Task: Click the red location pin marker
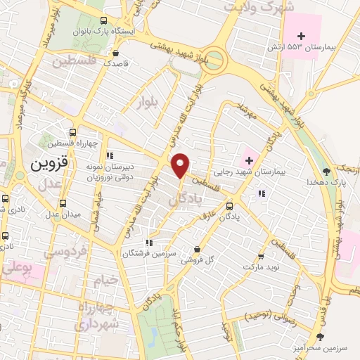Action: pos(181,165)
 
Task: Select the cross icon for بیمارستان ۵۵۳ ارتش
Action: pos(302,35)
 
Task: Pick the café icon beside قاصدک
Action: pos(115,53)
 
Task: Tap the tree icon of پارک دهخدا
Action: pos(326,171)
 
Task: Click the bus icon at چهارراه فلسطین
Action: pos(72,131)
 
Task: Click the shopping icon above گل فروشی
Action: pos(197,249)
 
